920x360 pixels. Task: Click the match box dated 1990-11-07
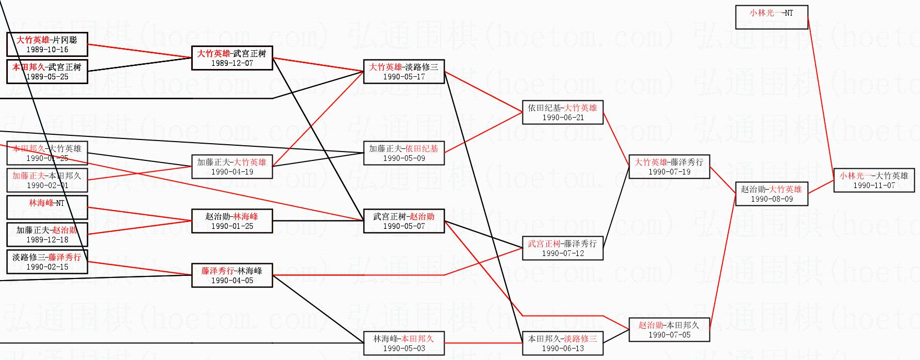874,180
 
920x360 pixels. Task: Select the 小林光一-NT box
771,17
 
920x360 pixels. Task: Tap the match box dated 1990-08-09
771,194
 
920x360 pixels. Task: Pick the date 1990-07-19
669,172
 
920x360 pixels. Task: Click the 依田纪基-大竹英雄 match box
562,112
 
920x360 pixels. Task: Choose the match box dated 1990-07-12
562,248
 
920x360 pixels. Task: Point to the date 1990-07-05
669,335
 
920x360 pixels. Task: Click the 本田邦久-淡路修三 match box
562,343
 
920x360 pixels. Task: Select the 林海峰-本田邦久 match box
403,343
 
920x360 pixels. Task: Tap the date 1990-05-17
403,77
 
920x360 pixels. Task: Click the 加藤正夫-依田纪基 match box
403,153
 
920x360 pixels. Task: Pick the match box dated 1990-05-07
403,221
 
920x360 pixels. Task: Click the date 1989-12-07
232,63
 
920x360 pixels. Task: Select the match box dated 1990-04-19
232,167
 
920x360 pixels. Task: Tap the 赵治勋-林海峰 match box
232,221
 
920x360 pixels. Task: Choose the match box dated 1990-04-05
232,275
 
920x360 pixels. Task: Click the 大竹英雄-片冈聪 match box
47,44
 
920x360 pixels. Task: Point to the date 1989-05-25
47,77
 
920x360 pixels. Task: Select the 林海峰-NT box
47,207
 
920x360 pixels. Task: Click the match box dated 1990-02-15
47,262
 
